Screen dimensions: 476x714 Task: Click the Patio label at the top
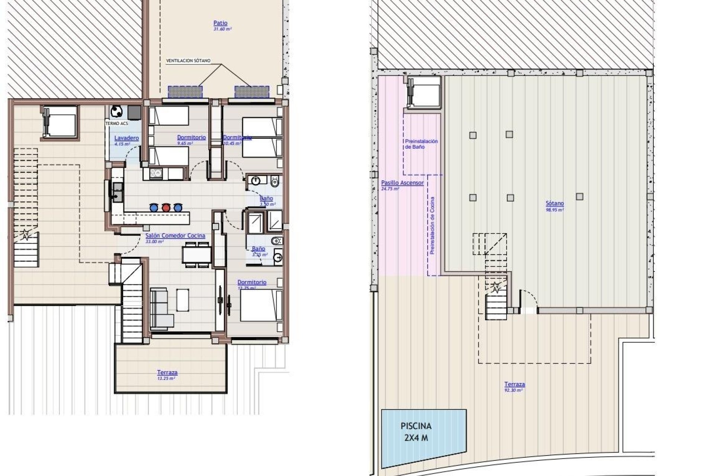221,23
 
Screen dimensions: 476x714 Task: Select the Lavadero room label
126,138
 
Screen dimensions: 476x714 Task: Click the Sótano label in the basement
554,203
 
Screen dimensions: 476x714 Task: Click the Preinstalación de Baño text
421,144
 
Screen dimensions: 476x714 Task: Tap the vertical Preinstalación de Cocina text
432,226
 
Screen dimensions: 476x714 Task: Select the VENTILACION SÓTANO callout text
188,61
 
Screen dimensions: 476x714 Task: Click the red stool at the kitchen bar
165,207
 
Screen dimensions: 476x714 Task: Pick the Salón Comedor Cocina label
175,236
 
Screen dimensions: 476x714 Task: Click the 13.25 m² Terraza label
167,372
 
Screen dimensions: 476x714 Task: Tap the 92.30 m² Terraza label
514,385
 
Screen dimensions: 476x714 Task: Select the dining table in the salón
197,255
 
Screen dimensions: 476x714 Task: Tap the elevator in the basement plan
424,92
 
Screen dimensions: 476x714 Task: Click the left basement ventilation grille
185,91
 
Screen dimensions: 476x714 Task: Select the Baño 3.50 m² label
266,199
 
